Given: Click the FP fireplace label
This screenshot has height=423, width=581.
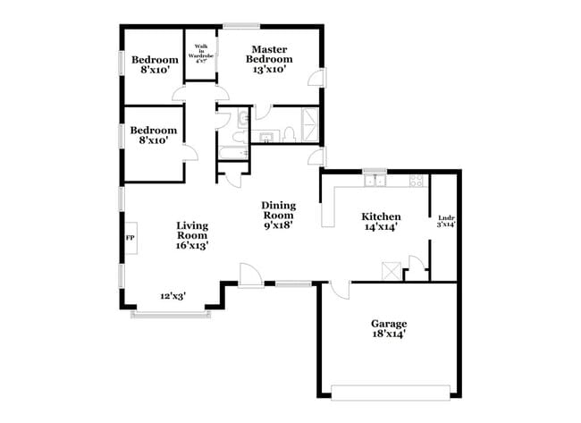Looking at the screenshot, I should coord(129,238).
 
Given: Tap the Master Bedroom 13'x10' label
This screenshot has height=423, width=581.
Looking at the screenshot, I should coord(267,60).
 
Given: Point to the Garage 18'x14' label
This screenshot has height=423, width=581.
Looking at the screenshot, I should coord(389,328).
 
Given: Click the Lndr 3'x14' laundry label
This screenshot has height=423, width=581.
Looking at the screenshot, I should coord(446,221).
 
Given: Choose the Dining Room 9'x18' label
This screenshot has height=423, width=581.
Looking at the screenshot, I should coord(278,215).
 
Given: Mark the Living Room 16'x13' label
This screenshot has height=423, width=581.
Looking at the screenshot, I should coord(192,235).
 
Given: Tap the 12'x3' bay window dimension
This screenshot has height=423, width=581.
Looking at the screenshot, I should coord(173,296).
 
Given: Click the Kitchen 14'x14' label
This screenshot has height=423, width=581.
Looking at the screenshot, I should coord(380,222).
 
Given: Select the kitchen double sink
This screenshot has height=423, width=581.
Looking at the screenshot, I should coord(375,182).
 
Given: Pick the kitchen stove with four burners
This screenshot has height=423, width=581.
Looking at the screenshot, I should coord(417,182).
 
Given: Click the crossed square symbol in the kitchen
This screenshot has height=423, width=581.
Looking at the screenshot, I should coord(389,270).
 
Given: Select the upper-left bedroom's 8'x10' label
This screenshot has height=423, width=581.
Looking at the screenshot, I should coord(155,66).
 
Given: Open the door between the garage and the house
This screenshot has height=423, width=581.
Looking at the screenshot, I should coord(338,289).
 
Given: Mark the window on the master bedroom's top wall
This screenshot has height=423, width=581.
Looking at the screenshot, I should coord(241,25).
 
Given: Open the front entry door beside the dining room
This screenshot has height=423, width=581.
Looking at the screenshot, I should coord(250,275).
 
